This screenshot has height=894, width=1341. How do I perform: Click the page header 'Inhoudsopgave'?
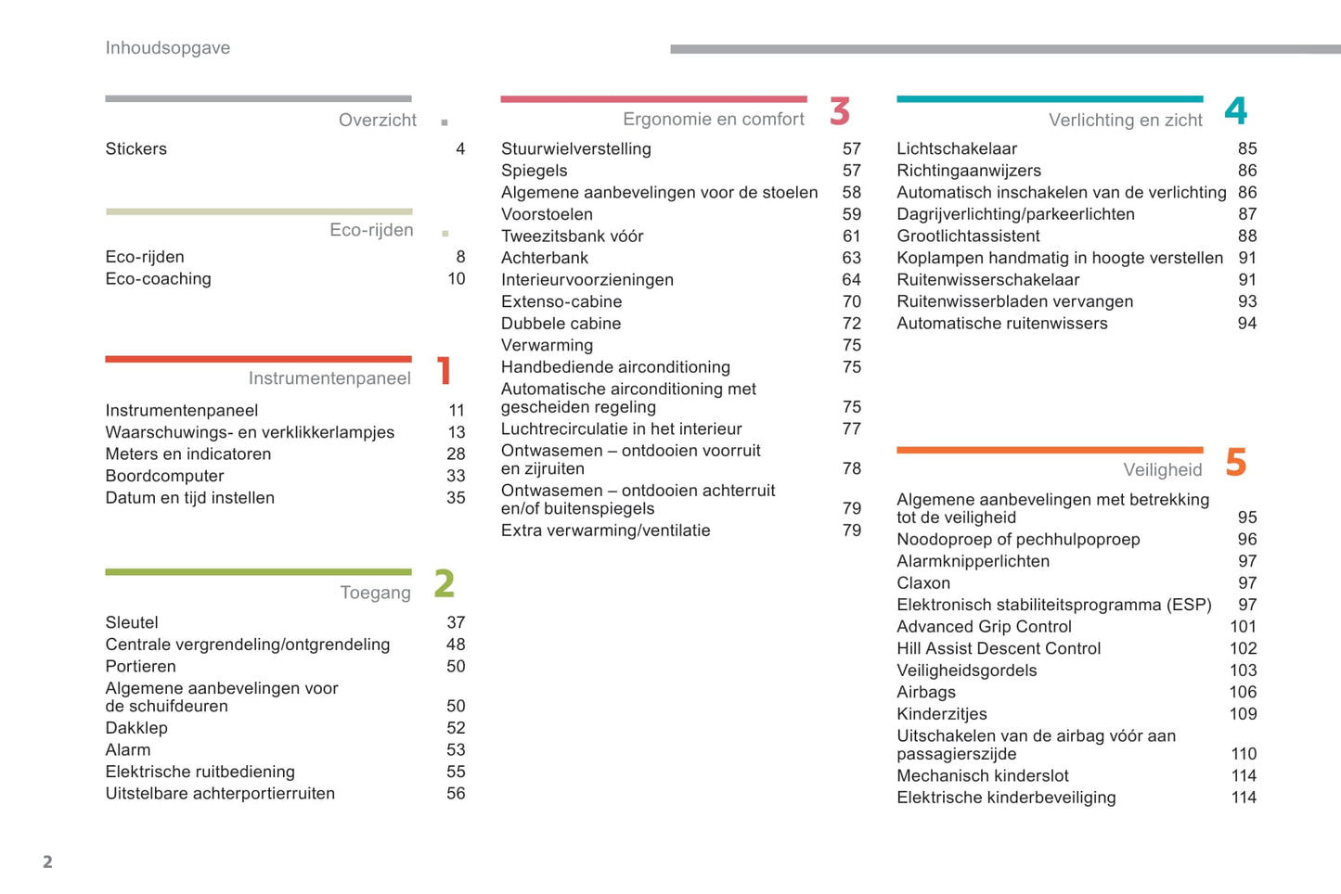click(x=167, y=48)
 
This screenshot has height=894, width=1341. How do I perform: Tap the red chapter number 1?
click(x=445, y=371)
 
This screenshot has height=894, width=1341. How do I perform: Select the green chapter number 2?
click(x=445, y=584)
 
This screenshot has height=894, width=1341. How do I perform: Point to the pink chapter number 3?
click(x=840, y=111)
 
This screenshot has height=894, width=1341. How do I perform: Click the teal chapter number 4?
click(x=1235, y=111)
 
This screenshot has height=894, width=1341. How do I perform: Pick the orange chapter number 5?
click(x=1235, y=462)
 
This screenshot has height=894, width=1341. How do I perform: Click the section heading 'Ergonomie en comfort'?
click(x=713, y=120)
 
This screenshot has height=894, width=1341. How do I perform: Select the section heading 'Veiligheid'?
click(x=1162, y=470)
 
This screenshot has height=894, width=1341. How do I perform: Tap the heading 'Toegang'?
click(x=375, y=593)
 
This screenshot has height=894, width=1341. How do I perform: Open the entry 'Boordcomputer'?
click(x=164, y=476)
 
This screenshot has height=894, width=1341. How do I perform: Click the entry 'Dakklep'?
click(x=136, y=728)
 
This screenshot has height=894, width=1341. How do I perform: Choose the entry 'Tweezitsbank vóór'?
click(x=572, y=236)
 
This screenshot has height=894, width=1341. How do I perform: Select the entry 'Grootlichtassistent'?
click(x=968, y=236)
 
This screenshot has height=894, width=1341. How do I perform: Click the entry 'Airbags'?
click(x=926, y=692)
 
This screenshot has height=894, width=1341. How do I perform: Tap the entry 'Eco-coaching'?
click(x=158, y=279)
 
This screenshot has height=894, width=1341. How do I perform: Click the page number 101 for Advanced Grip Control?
click(x=1243, y=627)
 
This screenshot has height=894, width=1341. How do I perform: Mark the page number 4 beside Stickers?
click(x=460, y=149)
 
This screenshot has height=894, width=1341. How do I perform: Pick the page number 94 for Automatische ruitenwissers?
click(x=1246, y=324)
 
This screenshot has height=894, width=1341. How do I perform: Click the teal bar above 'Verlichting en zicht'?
click(x=1050, y=98)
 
